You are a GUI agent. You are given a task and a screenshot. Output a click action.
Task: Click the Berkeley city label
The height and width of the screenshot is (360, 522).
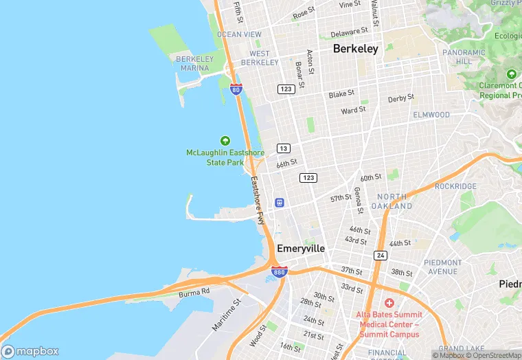click(355, 49)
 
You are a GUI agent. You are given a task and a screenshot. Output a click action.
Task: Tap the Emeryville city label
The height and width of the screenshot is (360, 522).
click(301, 248)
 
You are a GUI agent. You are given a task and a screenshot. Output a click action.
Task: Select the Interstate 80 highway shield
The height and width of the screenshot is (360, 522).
click(236, 89)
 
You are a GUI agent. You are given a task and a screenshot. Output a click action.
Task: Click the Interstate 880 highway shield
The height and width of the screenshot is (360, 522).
click(279, 272)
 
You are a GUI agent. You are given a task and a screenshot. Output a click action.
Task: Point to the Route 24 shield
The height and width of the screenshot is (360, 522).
click(381, 255)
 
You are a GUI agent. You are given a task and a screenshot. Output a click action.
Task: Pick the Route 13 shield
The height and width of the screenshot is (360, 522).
click(283, 148)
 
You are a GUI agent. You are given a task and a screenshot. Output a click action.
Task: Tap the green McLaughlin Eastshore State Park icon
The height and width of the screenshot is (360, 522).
click(225, 140)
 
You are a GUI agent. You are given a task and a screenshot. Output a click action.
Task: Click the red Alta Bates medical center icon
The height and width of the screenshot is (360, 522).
click(389, 302)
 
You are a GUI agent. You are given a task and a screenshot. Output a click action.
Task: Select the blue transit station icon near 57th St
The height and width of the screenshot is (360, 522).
click(280, 202)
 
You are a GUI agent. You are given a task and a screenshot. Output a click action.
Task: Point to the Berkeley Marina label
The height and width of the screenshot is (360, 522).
click(194, 63)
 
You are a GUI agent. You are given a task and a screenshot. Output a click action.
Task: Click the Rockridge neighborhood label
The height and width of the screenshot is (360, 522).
click(455, 186)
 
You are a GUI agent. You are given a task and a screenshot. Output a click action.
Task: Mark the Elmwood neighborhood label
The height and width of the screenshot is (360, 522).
click(431, 115)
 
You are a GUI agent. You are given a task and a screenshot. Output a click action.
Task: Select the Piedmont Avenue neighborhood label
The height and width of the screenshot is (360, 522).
click(442, 267)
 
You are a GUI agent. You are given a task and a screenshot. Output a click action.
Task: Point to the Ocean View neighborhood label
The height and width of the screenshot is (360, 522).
click(239, 34)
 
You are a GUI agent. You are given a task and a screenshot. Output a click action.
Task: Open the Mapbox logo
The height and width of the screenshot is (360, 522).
click(30, 351)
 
